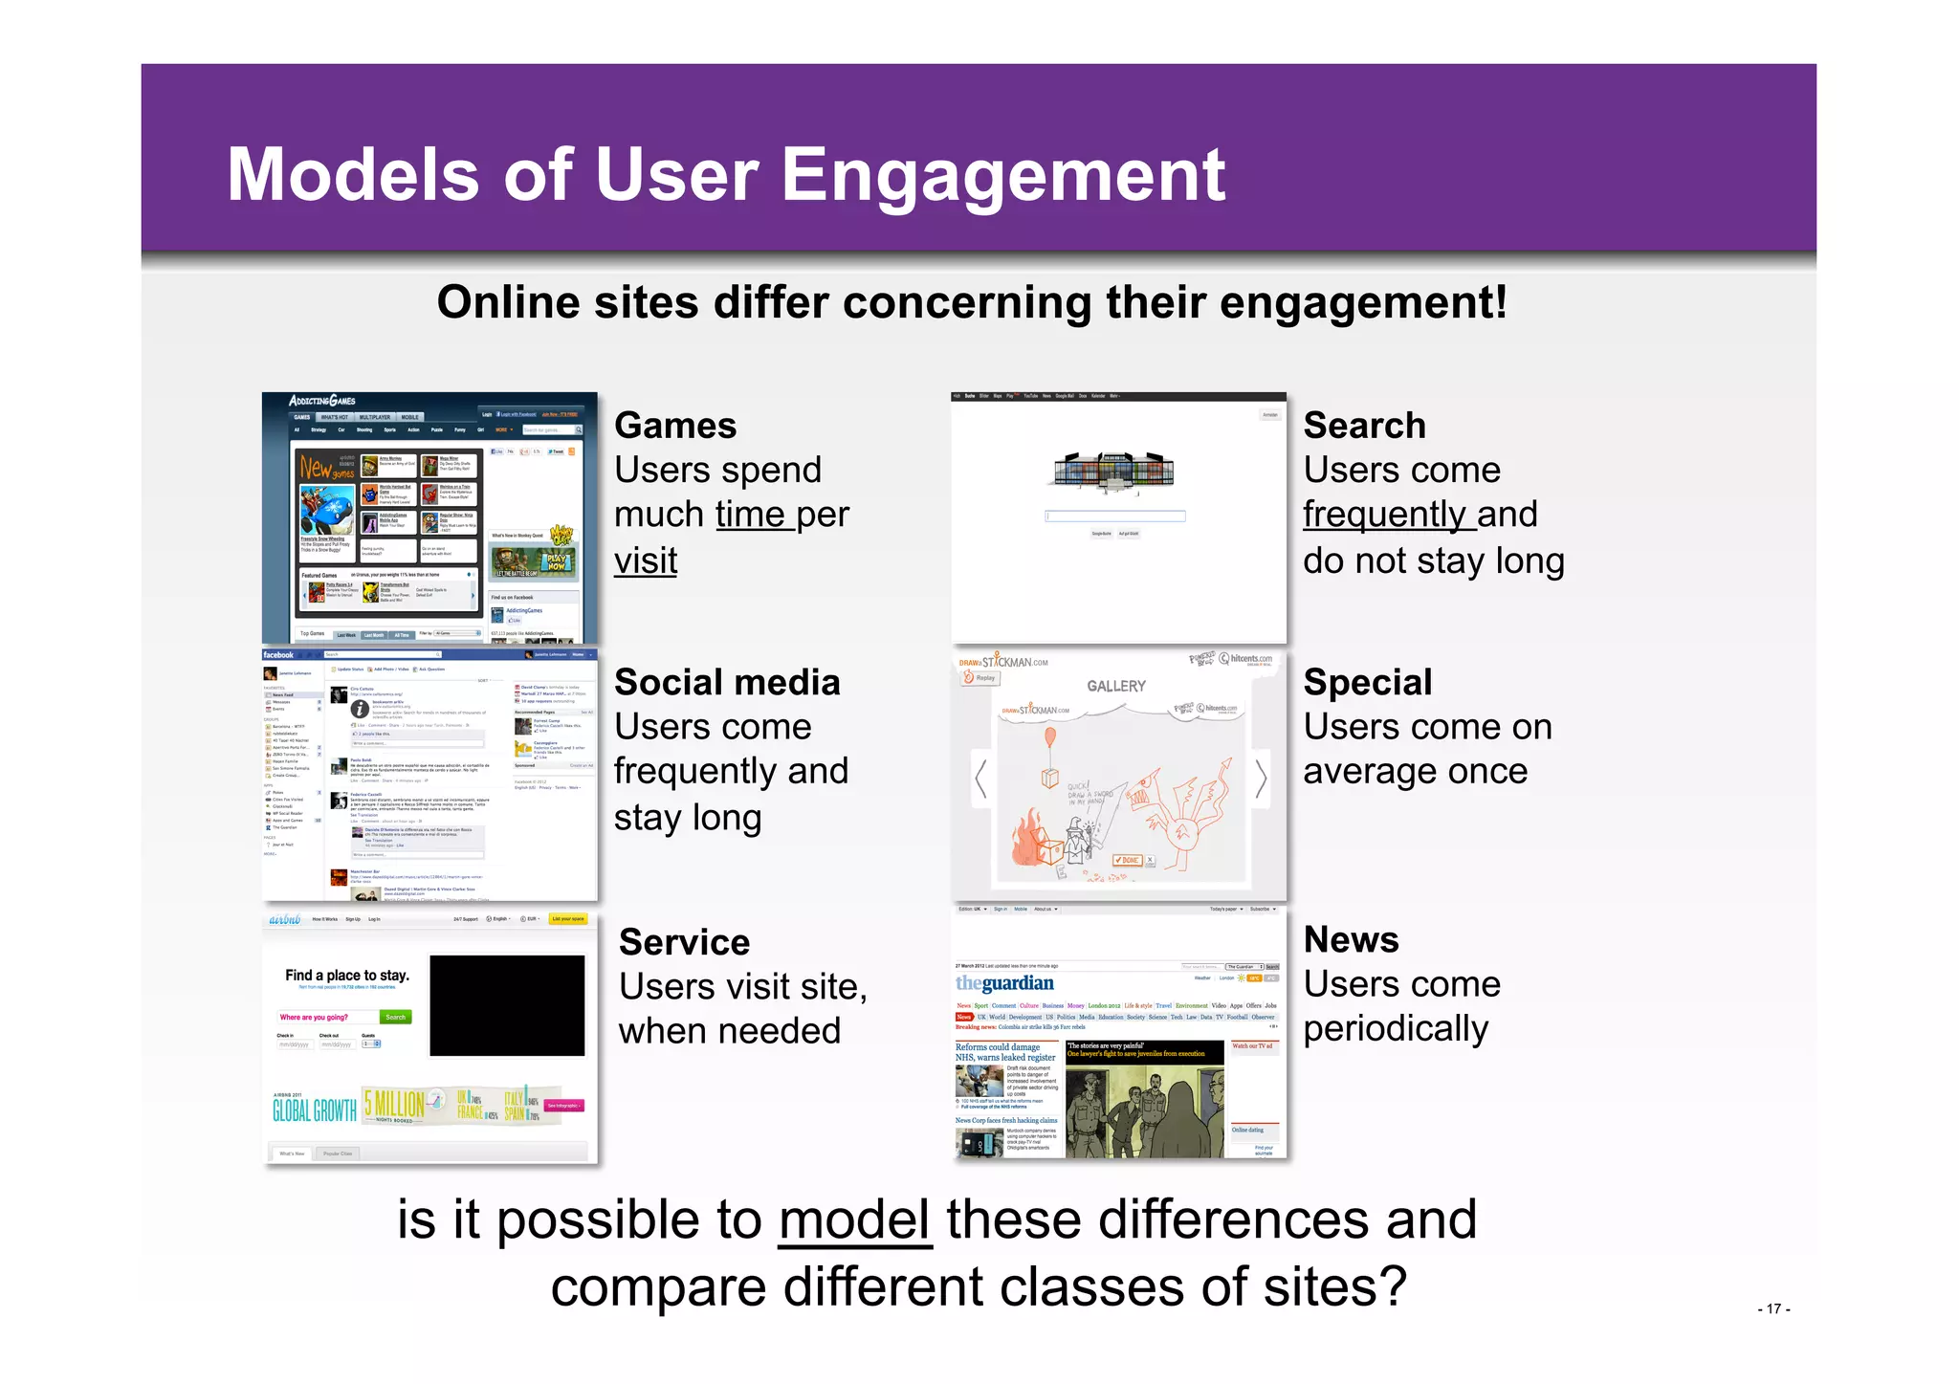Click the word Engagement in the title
pyautogui.click(x=1003, y=176)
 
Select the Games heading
pyautogui.click(x=675, y=426)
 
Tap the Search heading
pyautogui.click(x=1364, y=426)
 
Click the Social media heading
pyautogui.click(x=727, y=683)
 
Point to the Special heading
pyautogui.click(x=1368, y=683)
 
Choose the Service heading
pyautogui.click(x=684, y=942)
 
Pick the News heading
pyautogui.click(x=1351, y=940)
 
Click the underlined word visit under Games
pyautogui.click(x=646, y=561)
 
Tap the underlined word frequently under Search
pyautogui.click(x=1383, y=516)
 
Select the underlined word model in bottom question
pyautogui.click(x=854, y=1221)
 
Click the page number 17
pyautogui.click(x=1773, y=1309)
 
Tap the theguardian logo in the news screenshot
pyautogui.click(x=1004, y=983)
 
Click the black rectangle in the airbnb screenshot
pyautogui.click(x=507, y=1005)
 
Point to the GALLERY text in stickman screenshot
pyautogui.click(x=1115, y=686)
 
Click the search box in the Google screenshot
pyautogui.click(x=1115, y=516)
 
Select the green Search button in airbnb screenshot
pyautogui.click(x=395, y=1018)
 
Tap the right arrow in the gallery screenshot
pyautogui.click(x=1261, y=779)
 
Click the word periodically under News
pyautogui.click(x=1396, y=1029)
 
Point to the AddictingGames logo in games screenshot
pyautogui.click(x=322, y=401)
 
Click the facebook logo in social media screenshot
pyautogui.click(x=278, y=655)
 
